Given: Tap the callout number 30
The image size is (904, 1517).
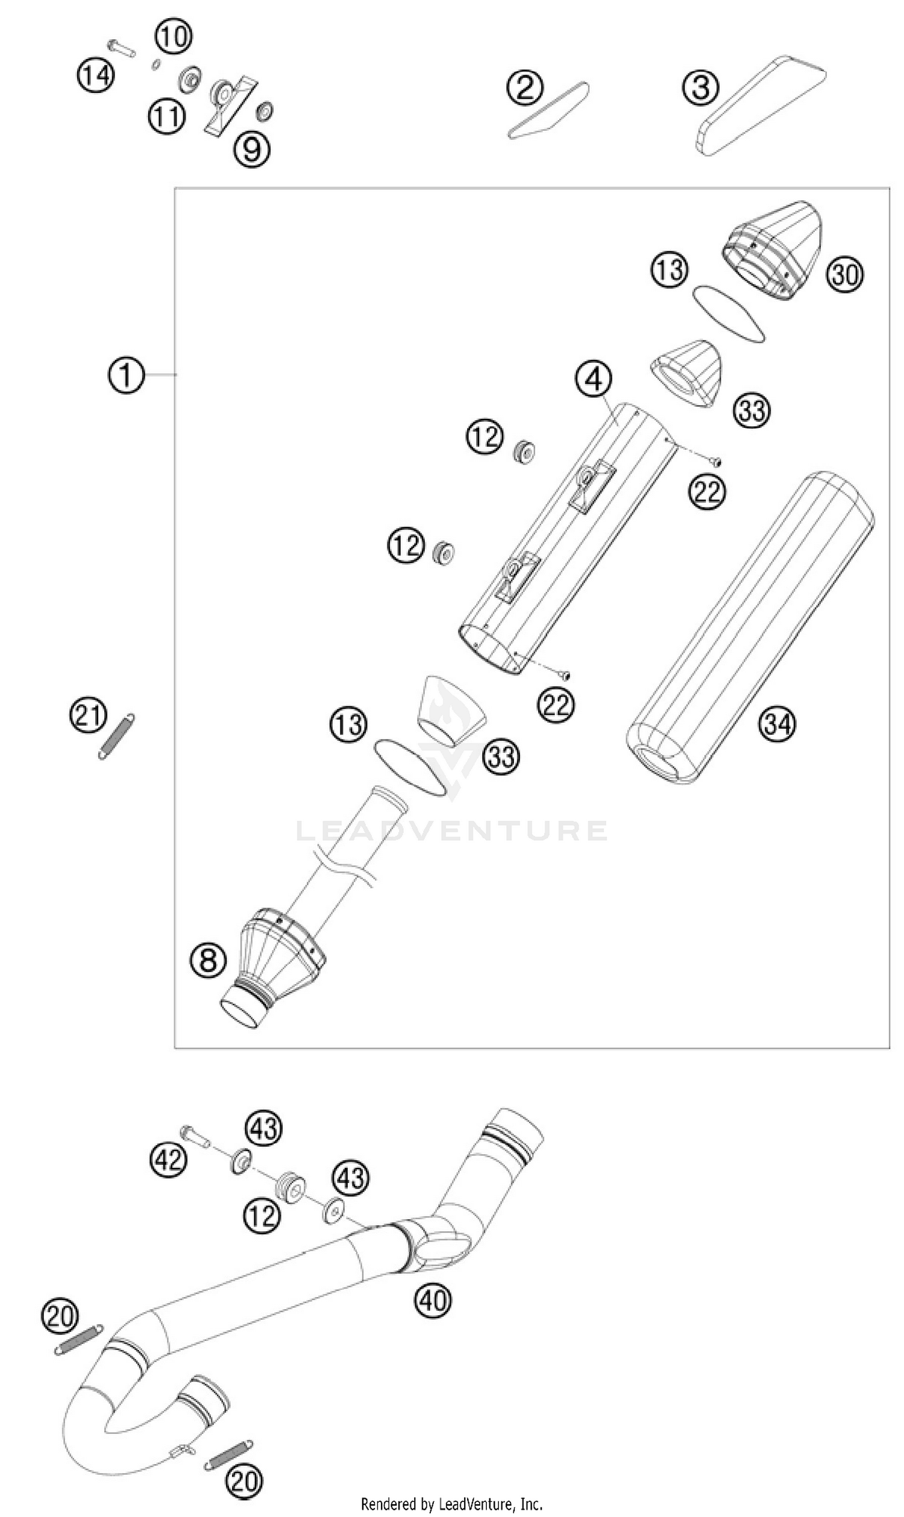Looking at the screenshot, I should (x=845, y=274).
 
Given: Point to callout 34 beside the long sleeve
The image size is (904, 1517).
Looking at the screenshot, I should (x=777, y=724).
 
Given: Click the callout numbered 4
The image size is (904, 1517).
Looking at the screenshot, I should (x=594, y=379).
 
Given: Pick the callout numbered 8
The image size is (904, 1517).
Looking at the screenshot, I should (x=209, y=961).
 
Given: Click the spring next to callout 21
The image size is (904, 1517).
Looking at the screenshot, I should (x=116, y=737).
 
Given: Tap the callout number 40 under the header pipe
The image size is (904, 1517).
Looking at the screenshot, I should (x=433, y=1301).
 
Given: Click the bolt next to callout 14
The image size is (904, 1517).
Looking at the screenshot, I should (x=121, y=48).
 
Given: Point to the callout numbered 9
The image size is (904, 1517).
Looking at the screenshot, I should (x=251, y=148).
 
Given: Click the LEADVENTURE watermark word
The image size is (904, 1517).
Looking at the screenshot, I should (x=451, y=831).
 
